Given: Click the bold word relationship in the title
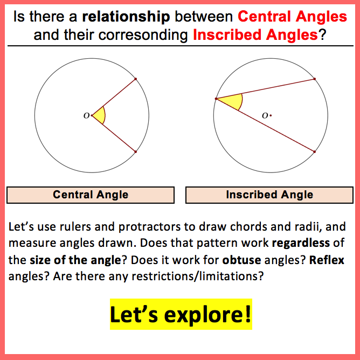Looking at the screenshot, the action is (126, 17).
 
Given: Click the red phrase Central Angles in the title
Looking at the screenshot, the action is (292, 17).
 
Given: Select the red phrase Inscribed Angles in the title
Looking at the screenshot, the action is (255, 35).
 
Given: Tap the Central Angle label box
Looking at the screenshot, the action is (91, 195).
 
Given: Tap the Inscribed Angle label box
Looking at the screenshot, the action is (269, 195).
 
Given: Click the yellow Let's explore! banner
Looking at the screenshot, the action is (181, 314).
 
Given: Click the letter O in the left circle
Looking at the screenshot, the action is (86, 116).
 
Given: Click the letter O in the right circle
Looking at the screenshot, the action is (265, 115).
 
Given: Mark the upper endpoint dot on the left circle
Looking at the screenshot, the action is (135, 79).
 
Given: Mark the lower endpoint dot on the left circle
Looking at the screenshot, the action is (135, 152).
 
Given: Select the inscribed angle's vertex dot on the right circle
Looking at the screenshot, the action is (216, 99).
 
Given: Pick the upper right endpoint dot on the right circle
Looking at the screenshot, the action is (315, 79).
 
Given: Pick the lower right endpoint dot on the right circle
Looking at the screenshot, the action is (315, 152).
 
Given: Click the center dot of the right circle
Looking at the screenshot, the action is (271, 115).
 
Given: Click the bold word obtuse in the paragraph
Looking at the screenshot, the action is (241, 260).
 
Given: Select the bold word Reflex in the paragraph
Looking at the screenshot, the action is (327, 260).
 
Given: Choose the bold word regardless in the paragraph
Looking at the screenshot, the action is (301, 244).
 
